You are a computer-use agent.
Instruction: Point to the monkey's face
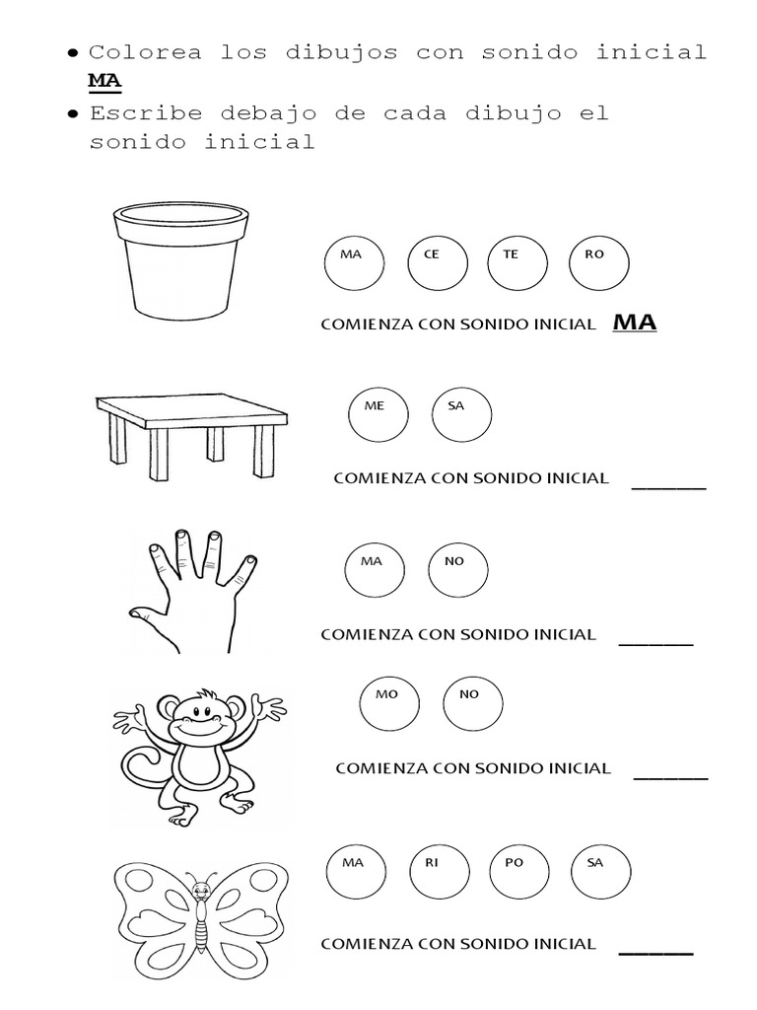(196, 717)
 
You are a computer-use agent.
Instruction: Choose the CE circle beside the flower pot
(438, 265)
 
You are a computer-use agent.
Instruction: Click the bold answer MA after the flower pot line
(635, 324)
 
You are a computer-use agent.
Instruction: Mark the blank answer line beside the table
(668, 486)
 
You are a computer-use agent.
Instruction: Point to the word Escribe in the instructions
(145, 112)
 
